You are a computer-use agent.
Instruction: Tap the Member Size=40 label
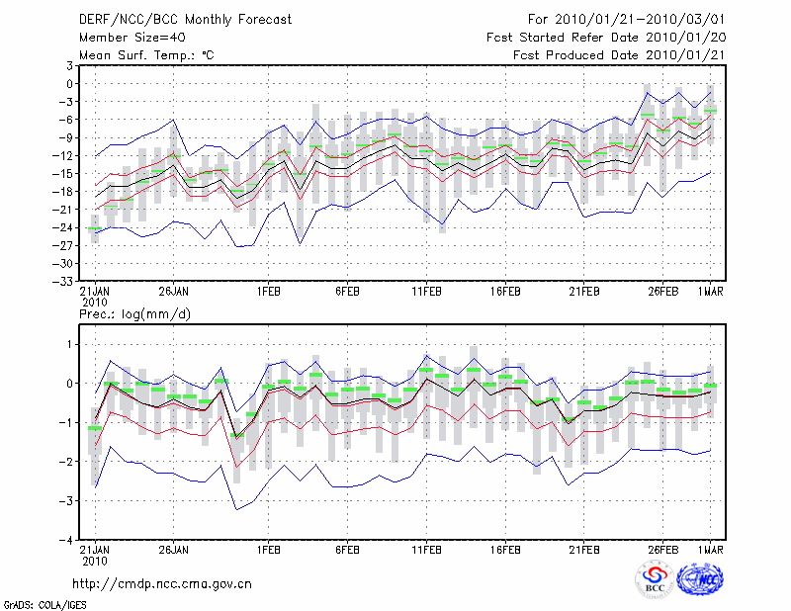point(124,37)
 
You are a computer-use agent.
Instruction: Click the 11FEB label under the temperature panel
point(426,293)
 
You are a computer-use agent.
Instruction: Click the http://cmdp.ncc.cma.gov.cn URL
point(162,584)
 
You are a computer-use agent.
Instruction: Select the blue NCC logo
point(700,579)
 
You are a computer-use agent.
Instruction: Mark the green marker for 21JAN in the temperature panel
point(94,228)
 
